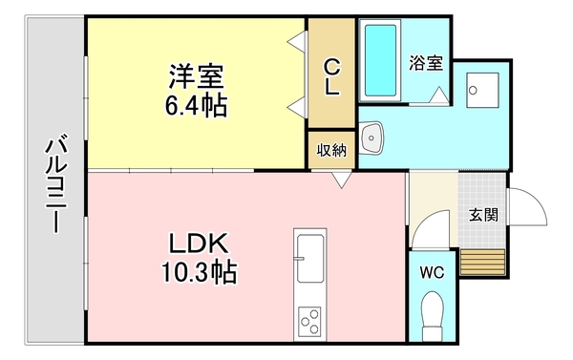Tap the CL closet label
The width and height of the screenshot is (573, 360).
(x=330, y=77)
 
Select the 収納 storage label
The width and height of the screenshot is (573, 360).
(x=330, y=151)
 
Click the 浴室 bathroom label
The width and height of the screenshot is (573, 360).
(x=425, y=64)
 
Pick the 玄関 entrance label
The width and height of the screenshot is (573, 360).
(x=482, y=214)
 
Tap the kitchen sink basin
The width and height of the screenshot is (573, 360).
(x=310, y=258)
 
